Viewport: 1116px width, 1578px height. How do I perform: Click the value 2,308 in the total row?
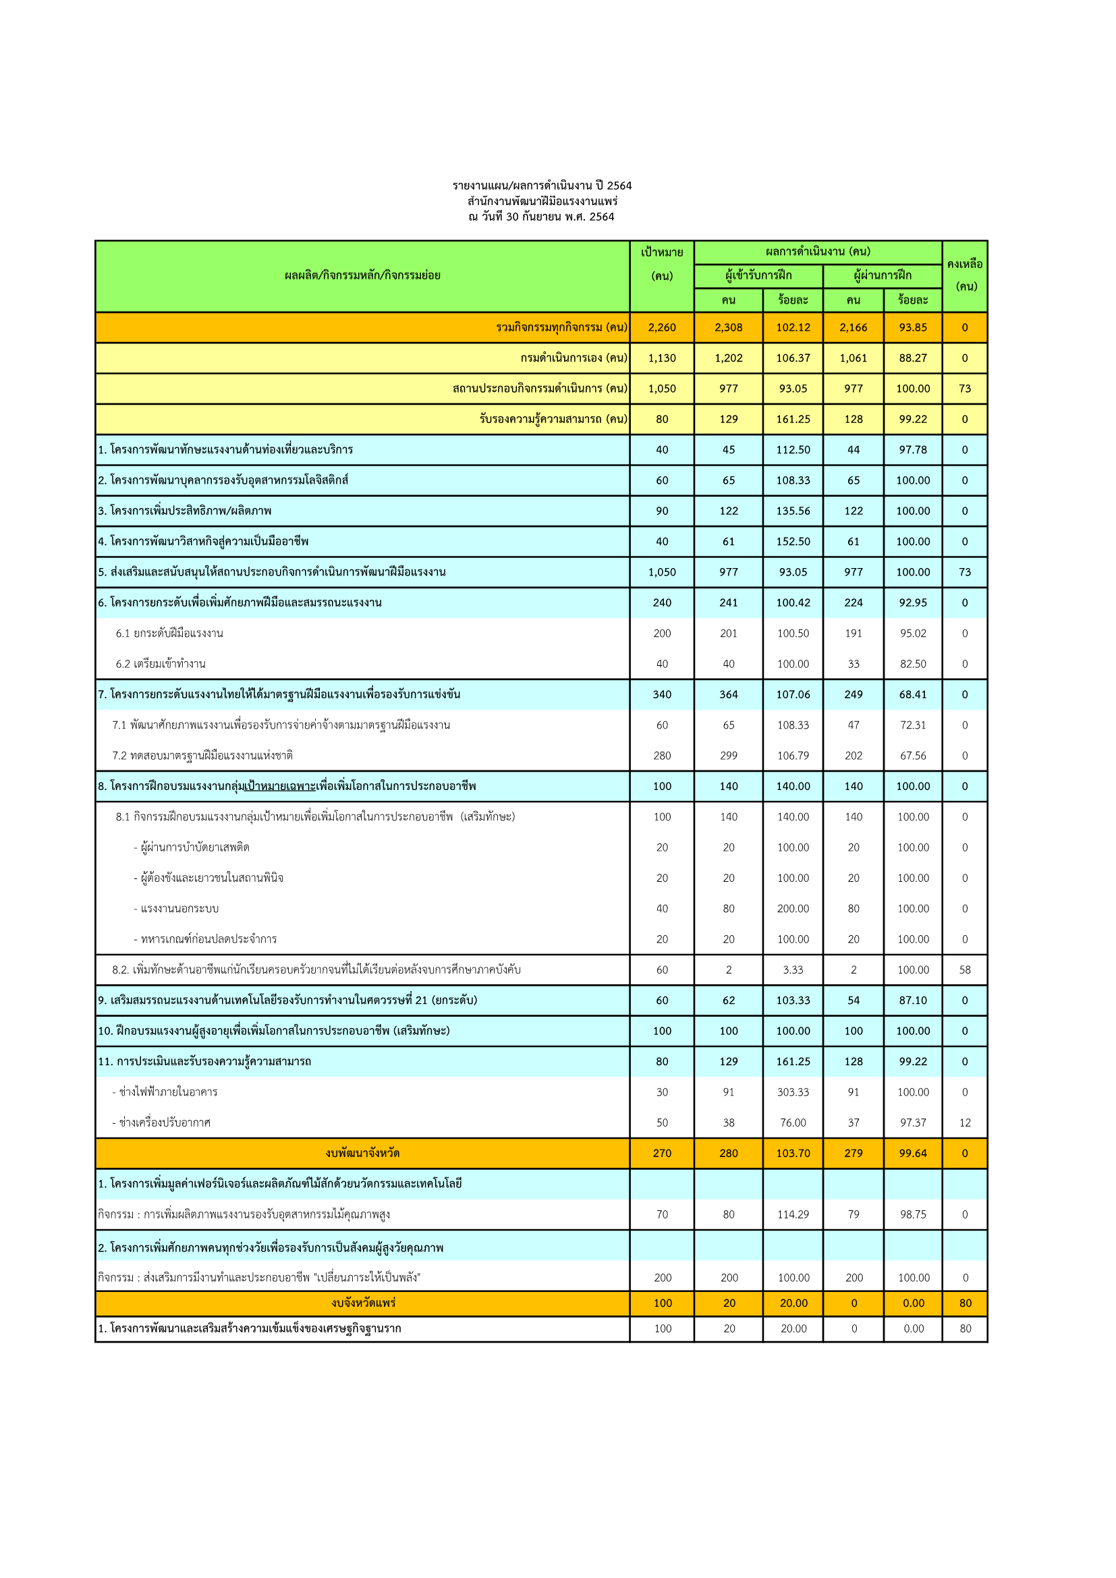point(728,327)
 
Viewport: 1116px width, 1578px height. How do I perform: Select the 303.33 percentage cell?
point(792,1092)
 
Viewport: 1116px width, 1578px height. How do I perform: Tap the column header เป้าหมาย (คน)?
point(661,263)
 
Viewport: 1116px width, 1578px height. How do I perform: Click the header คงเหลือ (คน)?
point(964,275)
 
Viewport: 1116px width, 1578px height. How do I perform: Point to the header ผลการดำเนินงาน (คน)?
point(817,252)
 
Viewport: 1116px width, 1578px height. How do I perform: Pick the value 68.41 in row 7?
point(912,694)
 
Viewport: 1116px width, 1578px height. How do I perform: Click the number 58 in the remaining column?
point(964,969)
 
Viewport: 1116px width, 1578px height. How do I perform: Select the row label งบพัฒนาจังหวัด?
point(362,1152)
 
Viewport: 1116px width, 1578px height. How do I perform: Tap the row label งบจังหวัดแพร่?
point(362,1302)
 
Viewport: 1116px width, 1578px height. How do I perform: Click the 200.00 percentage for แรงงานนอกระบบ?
point(792,908)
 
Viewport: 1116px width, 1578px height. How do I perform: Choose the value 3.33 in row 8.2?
point(792,969)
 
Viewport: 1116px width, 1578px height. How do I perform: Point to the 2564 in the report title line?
point(619,186)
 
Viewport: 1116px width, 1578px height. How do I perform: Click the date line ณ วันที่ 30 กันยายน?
point(541,217)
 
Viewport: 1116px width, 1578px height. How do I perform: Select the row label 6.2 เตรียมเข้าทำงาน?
point(160,663)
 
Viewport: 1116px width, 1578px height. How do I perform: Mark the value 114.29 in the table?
point(792,1214)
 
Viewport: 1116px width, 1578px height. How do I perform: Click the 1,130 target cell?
point(661,358)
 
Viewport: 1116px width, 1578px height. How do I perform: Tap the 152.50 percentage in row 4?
point(792,541)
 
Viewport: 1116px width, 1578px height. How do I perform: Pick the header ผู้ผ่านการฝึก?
point(882,276)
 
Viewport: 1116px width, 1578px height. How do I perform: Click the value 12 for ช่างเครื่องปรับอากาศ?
point(964,1123)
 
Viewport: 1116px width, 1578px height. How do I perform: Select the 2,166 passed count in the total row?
point(853,327)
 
